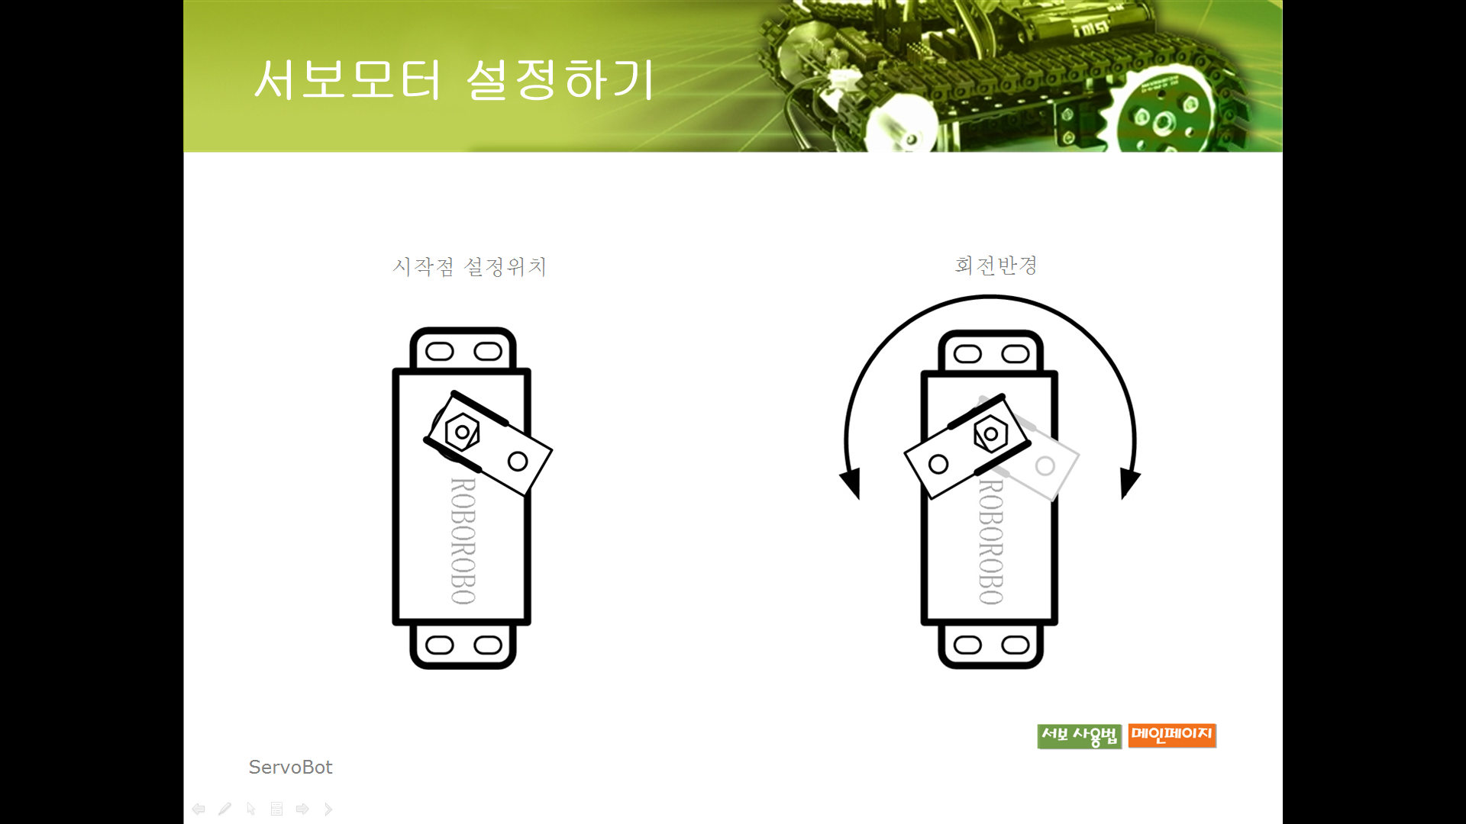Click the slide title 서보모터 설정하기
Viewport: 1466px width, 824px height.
454,79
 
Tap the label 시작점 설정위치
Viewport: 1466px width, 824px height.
470,266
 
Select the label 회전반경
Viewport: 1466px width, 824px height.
996,265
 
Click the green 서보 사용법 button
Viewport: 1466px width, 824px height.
1079,735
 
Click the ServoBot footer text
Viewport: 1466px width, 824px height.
290,767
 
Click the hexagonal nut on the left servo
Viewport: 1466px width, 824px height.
462,432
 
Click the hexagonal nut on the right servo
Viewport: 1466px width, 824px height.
990,434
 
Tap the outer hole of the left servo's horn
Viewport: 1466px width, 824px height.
518,461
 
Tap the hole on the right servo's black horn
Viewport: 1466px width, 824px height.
938,464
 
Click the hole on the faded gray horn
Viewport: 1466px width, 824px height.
1045,465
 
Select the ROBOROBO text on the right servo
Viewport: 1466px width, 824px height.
991,541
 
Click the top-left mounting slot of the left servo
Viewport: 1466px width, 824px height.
440,351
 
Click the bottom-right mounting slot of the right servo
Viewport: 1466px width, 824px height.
1016,645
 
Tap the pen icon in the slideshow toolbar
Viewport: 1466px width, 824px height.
224,809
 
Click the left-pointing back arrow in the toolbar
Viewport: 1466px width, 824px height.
199,809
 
